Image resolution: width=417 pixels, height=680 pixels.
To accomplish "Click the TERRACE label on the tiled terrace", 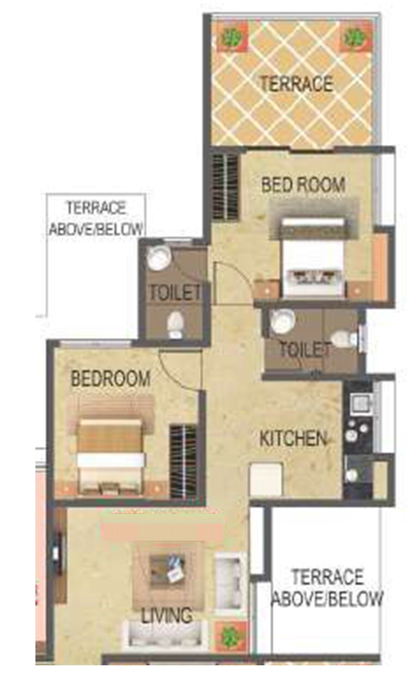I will pos(296,84).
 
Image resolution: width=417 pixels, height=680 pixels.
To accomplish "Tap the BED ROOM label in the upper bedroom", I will pos(303,185).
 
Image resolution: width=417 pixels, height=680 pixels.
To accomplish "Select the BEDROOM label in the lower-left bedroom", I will pos(111,378).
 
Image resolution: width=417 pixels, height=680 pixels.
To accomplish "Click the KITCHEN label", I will pos(293,438).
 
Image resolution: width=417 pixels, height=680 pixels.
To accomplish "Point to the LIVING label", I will pos(167,616).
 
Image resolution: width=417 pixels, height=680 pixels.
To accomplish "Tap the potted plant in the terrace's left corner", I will pos(233,38).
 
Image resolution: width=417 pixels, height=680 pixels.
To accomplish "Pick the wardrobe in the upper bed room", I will pos(225,187).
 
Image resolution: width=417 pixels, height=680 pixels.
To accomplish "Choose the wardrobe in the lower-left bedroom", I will pos(183,461).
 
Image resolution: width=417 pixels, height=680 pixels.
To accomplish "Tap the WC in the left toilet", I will pos(175,326).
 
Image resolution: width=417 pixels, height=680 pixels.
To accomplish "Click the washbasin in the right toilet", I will pos(282,321).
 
